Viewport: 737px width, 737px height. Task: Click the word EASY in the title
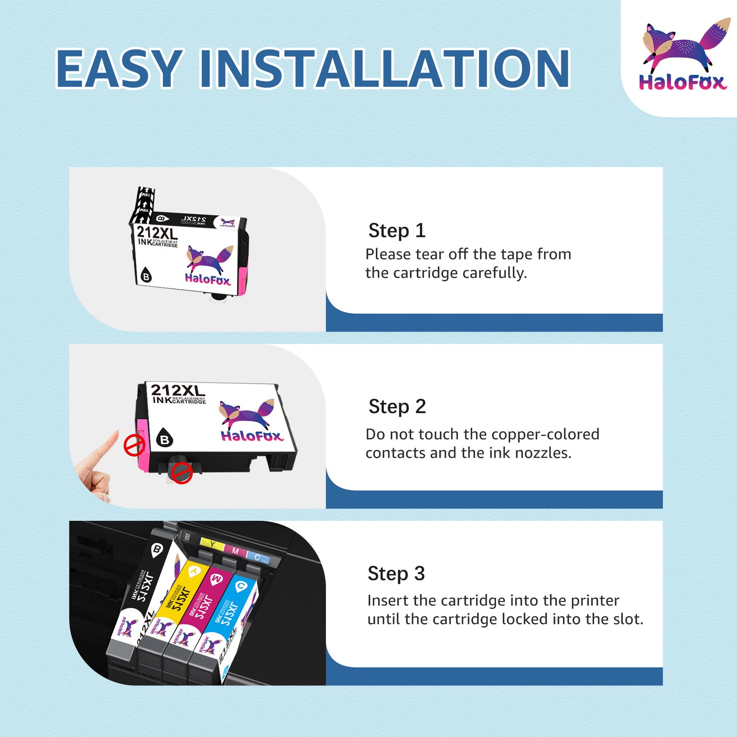coord(118,68)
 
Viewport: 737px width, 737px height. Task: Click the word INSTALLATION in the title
coord(384,68)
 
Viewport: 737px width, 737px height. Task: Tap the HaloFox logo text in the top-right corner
coord(682,82)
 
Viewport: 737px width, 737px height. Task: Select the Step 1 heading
coord(397,231)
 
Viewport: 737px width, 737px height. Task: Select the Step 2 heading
coord(397,406)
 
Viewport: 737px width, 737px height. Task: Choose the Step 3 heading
coord(396,573)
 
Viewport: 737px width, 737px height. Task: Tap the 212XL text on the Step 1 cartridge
coord(157,233)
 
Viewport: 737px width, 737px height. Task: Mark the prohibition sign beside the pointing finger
coord(135,445)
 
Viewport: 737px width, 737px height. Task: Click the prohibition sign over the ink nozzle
coord(181,473)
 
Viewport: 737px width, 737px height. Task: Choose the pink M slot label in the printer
coord(235,551)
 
